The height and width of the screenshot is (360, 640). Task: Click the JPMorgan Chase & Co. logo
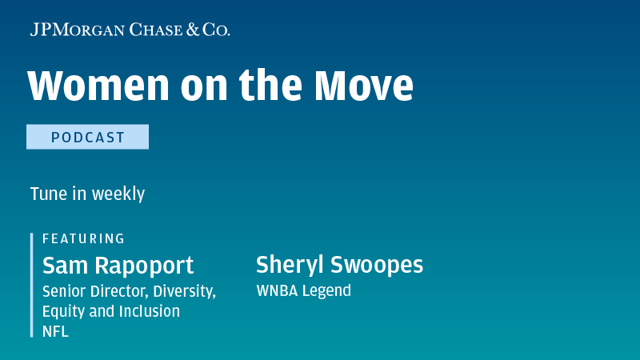tap(130, 30)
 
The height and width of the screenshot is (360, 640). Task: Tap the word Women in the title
tap(98, 86)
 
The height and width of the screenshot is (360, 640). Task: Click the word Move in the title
tap(364, 86)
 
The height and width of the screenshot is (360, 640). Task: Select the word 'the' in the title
tap(270, 85)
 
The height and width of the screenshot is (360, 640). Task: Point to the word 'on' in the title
tap(204, 89)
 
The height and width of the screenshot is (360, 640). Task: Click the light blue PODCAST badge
tap(88, 137)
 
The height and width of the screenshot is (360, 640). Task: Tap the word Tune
tap(49, 194)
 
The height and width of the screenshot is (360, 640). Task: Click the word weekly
tap(118, 194)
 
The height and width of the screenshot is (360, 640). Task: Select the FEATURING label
tap(84, 238)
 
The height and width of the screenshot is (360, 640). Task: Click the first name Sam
tap(65, 266)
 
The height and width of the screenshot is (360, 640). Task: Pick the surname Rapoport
tap(144, 266)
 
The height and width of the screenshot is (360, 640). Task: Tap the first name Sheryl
tap(290, 265)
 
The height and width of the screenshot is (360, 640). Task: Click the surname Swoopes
tap(377, 265)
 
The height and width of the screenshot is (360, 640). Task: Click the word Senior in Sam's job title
tap(64, 291)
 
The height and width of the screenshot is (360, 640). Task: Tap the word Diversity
tap(185, 291)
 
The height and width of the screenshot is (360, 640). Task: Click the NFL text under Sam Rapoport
tap(55, 331)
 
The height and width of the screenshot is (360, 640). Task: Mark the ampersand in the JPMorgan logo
tap(194, 30)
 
